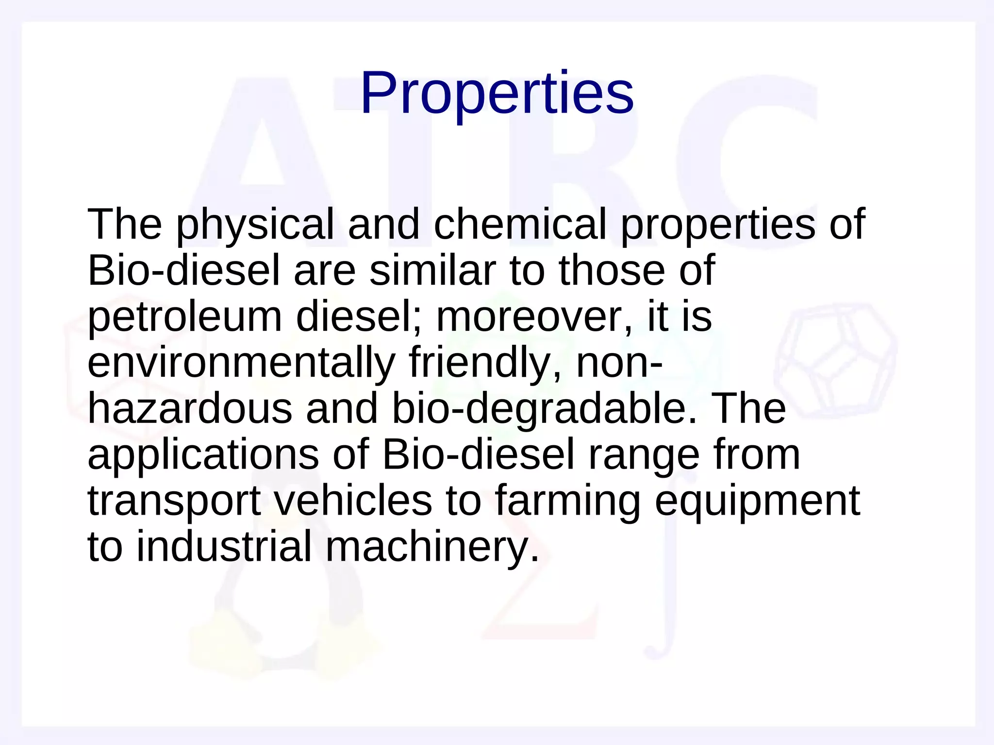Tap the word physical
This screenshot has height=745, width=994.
tap(255, 224)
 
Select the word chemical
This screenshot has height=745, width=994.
tap(520, 224)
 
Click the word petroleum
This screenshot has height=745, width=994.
tap(185, 317)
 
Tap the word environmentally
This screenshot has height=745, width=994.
tap(241, 362)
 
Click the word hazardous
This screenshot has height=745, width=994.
tap(190, 408)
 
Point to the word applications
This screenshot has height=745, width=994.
tap(203, 454)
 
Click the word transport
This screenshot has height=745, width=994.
tap(174, 501)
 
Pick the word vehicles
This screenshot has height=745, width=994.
tap(353, 501)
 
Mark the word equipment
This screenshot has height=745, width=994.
tap(757, 501)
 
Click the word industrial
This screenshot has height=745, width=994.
tap(224, 547)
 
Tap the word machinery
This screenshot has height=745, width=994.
tap(431, 547)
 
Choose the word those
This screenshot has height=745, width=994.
tap(611, 270)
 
